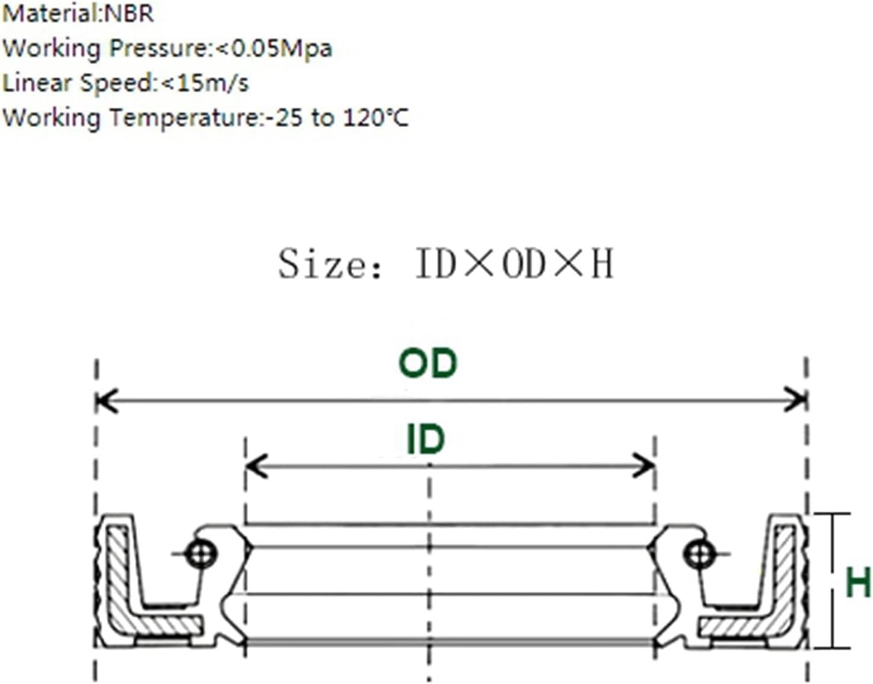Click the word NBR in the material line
128,13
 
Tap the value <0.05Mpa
274,49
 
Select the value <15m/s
204,84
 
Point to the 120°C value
376,118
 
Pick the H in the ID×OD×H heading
602,264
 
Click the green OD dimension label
427,363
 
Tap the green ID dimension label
426,439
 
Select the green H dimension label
858,582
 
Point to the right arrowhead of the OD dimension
795,400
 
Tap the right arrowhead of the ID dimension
644,466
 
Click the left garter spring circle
201,555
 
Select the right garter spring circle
699,555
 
